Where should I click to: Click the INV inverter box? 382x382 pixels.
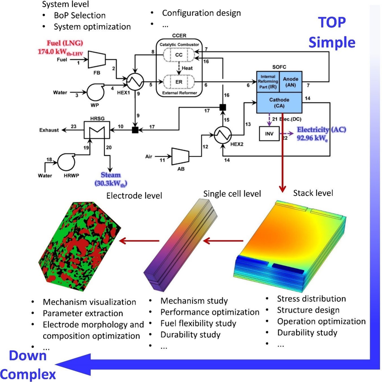pyautogui.click(x=269, y=134)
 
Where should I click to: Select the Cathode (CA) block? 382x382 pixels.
pyautogui.click(x=279, y=103)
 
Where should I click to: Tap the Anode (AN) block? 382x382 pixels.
pyautogui.click(x=291, y=82)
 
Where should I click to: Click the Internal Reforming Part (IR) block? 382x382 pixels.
pyautogui.click(x=268, y=82)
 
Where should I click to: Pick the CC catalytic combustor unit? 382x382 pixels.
pyautogui.click(x=179, y=55)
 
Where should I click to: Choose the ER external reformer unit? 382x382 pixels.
pyautogui.click(x=179, y=82)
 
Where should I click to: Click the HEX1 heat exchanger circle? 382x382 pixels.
pyautogui.click(x=135, y=81)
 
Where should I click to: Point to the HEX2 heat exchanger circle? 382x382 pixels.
pyautogui.click(x=223, y=135)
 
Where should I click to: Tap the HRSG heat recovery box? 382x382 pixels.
pyautogui.click(x=97, y=130)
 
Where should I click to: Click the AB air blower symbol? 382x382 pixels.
pyautogui.click(x=180, y=156)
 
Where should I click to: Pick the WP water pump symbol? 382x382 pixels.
pyautogui.click(x=95, y=92)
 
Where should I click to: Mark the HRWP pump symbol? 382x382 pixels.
pyautogui.click(x=66, y=162)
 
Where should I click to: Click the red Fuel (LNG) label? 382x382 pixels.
pyautogui.click(x=65, y=43)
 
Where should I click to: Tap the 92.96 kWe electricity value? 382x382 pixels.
pyautogui.click(x=312, y=138)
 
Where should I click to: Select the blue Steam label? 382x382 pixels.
pyautogui.click(x=111, y=175)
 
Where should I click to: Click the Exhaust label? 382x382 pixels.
pyautogui.click(x=49, y=130)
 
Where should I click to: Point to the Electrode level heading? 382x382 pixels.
pyautogui.click(x=134, y=196)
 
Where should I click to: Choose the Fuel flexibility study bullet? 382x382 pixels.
pyautogui.click(x=198, y=323)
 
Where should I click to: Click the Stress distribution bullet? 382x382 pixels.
pyautogui.click(x=311, y=299)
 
